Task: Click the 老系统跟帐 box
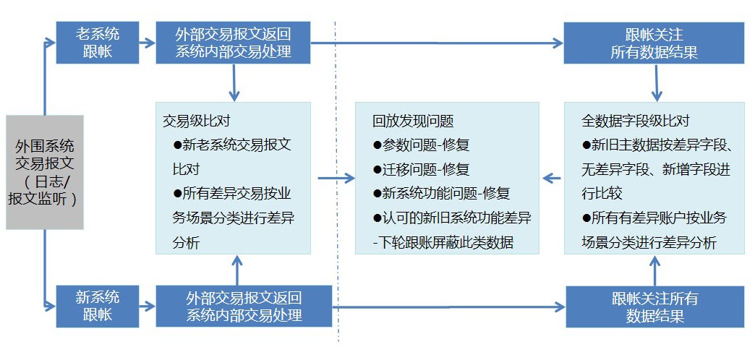pos(98,42)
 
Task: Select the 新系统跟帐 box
pos(98,305)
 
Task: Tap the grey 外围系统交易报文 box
pos(44,172)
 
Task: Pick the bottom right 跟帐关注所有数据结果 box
pos(654,307)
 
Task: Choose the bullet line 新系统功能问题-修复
pos(441,193)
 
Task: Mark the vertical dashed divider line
pos(336,181)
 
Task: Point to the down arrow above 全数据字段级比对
pos(656,83)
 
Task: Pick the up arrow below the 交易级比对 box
pos(236,269)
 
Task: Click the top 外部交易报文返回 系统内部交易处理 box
pos(233,43)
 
